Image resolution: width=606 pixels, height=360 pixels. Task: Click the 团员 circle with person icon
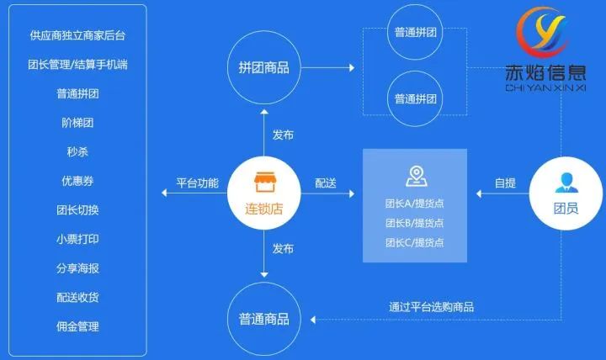pos(566,195)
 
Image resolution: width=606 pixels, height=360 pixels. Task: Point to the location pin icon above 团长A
pos(414,176)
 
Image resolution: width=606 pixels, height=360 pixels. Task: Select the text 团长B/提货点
pos(414,223)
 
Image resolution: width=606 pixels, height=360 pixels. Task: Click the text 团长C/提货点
pos(414,242)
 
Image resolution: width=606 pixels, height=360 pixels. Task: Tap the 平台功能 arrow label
pos(197,183)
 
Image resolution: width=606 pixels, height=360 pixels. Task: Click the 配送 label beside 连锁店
pos(326,183)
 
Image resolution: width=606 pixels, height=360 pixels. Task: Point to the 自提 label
pos(505,183)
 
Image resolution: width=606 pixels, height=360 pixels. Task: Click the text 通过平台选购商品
pos(431,307)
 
